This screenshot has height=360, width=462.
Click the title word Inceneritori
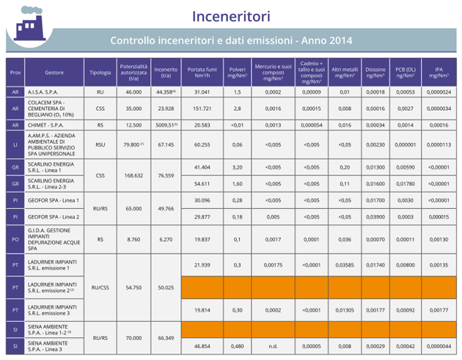231,15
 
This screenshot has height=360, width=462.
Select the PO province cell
15,239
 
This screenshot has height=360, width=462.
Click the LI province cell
15,145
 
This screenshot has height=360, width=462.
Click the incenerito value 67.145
166,145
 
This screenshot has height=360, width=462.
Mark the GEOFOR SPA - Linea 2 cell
53,217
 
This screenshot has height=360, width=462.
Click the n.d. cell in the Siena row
273,345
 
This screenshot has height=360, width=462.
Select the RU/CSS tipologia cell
100,288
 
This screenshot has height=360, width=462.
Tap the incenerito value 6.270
166,239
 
